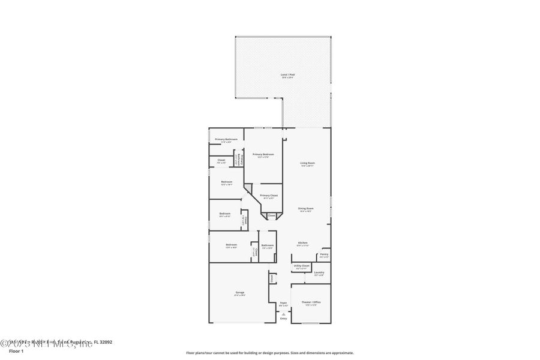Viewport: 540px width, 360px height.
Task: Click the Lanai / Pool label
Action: tap(288, 75)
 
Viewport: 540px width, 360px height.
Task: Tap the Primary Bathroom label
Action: tap(226, 139)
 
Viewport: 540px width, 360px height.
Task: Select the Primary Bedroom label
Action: tap(263, 154)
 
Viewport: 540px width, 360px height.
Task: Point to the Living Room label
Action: tap(307, 163)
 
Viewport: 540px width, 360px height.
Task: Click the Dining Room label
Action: tap(306, 208)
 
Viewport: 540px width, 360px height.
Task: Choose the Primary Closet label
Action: tap(269, 196)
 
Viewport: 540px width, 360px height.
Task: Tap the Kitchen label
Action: tap(303, 243)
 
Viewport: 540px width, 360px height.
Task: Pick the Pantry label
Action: tap(323, 254)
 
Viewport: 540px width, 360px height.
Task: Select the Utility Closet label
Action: tap(301, 265)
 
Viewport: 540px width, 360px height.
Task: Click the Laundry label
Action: tap(319, 272)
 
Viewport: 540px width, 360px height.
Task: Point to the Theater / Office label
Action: tap(311, 302)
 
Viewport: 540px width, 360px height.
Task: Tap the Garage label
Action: tap(239, 293)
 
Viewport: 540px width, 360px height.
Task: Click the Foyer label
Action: tap(283, 303)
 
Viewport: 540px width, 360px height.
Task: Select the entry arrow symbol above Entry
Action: tap(283, 313)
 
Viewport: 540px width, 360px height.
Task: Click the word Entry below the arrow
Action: tap(283, 318)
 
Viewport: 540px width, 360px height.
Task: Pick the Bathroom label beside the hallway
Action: tap(268, 245)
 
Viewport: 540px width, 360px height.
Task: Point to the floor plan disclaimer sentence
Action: tap(269, 353)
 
